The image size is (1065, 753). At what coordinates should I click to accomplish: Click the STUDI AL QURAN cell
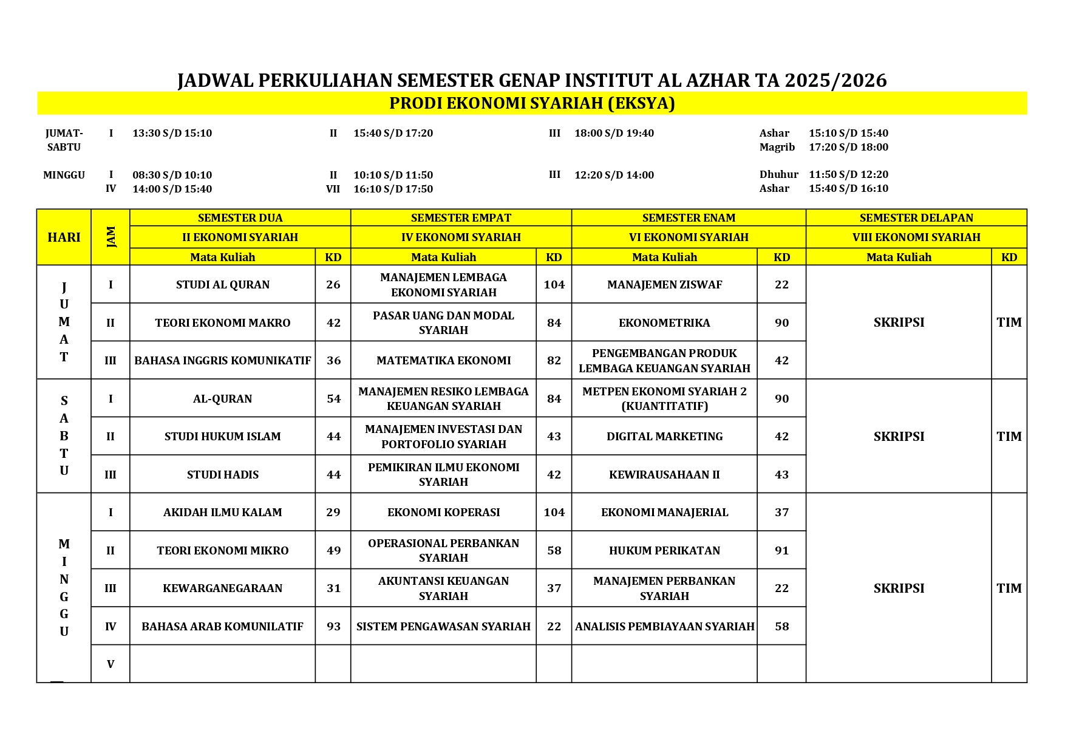[x=222, y=285]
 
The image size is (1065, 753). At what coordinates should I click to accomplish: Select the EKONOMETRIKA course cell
[x=664, y=323]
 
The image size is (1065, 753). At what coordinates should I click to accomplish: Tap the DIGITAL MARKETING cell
[x=664, y=437]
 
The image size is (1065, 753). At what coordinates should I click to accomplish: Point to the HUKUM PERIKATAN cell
[x=664, y=551]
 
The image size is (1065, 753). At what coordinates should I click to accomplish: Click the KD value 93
[x=333, y=627]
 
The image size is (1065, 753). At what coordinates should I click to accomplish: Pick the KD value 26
[x=333, y=285]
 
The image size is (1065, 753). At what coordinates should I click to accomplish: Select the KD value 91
[x=781, y=551]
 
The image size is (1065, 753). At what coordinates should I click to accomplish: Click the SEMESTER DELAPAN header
[x=916, y=218]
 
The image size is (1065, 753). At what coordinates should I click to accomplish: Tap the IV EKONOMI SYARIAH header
[x=461, y=237]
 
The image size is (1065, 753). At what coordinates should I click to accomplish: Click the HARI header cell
[x=64, y=237]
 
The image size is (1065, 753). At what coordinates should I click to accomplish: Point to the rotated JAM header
[x=111, y=237]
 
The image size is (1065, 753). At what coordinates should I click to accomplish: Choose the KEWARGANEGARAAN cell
[x=222, y=588]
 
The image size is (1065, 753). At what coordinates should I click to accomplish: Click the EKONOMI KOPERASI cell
[x=443, y=513]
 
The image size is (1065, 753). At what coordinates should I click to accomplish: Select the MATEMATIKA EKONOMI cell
[x=443, y=361]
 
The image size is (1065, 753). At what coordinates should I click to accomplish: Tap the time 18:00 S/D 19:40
[x=614, y=134]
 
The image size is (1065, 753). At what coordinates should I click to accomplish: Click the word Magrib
[x=777, y=148]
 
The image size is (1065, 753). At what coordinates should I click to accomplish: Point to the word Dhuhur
[x=778, y=175]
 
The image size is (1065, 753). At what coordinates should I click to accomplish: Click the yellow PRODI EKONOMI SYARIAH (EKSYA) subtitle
[x=532, y=104]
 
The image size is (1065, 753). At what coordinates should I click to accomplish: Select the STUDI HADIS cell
[x=222, y=475]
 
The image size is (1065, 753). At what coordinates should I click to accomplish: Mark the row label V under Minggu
[x=111, y=664]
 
